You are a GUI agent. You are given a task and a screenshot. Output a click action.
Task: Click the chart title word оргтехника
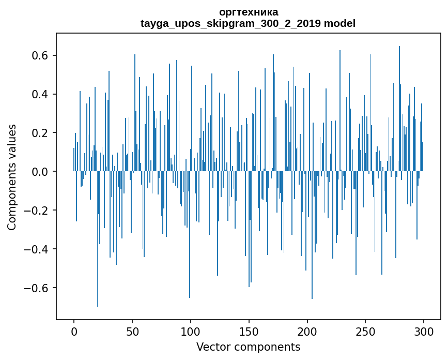[248, 12]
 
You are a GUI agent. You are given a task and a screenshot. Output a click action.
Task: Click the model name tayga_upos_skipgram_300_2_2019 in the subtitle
[231, 23]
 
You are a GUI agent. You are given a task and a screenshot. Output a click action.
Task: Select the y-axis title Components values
[12, 177]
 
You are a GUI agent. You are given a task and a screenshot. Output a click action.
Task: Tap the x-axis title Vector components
[248, 347]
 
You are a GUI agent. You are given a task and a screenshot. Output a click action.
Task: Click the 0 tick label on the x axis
[74, 331]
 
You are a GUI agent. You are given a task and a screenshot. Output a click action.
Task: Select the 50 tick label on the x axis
[132, 331]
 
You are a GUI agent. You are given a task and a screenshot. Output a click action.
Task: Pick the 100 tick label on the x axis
[191, 331]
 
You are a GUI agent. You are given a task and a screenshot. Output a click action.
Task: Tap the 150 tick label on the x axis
[249, 331]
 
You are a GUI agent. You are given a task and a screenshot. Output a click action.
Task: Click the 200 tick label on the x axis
[307, 331]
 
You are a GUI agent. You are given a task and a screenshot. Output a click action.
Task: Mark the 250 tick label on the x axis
[366, 331]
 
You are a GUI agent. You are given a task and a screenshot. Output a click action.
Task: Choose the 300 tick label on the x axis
[424, 331]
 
